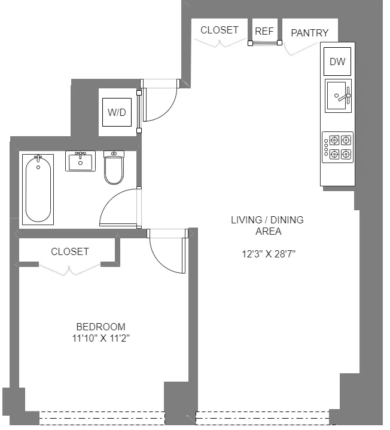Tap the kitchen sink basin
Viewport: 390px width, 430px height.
click(x=337, y=96)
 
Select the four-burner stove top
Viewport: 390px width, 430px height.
click(x=337, y=147)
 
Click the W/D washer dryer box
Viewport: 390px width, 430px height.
click(x=117, y=112)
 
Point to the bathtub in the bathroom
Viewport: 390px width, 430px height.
click(x=38, y=188)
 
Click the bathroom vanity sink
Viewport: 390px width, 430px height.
click(x=80, y=161)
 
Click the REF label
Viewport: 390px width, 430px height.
click(x=264, y=31)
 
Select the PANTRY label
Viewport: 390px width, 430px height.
click(x=309, y=33)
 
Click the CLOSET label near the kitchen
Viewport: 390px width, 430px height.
click(x=219, y=30)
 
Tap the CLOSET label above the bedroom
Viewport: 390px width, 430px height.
click(x=69, y=251)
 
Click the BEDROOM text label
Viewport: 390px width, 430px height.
click(x=100, y=327)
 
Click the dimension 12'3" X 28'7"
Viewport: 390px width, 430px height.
click(x=269, y=254)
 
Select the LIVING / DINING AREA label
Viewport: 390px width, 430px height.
click(x=267, y=225)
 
